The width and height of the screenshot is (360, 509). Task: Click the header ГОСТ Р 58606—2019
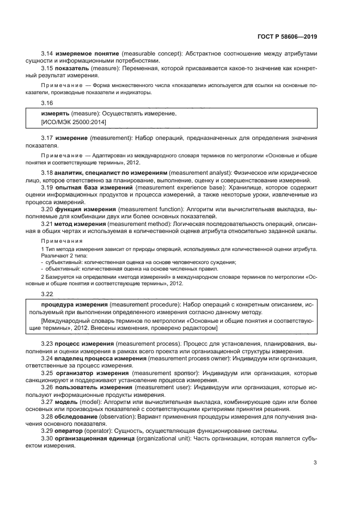[x=288, y=36]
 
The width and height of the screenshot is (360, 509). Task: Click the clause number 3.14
[x=47, y=54]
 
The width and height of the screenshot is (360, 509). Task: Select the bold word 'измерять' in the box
[x=55, y=114]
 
